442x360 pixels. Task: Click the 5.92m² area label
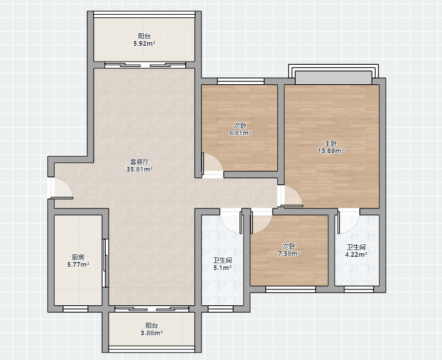click(144, 44)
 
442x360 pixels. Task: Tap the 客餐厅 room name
click(139, 162)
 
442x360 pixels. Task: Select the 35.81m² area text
click(139, 169)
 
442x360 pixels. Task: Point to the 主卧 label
click(330, 144)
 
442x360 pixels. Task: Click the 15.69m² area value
click(330, 151)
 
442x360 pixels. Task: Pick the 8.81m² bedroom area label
click(240, 133)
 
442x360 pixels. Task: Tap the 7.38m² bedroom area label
click(289, 254)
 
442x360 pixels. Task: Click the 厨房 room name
click(78, 257)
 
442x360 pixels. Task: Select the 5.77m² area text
click(78, 265)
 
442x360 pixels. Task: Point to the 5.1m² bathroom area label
click(223, 268)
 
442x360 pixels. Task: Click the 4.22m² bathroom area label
click(356, 255)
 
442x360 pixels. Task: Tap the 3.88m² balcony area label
click(152, 333)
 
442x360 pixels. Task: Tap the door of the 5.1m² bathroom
click(231, 223)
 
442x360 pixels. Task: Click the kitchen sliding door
click(105, 263)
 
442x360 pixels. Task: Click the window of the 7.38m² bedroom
click(290, 289)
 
